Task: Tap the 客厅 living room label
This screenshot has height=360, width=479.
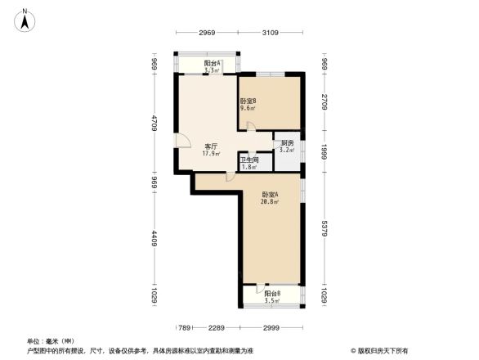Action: point(210,146)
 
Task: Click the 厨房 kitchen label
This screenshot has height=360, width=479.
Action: point(286,143)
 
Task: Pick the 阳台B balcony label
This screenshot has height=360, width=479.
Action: point(272,294)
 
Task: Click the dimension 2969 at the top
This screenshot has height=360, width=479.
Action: point(206,33)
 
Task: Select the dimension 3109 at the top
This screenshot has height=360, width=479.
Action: point(271,33)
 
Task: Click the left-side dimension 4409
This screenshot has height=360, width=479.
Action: point(154,243)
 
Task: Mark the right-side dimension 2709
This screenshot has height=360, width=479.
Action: point(325,102)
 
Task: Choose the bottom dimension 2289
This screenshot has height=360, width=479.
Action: point(216,327)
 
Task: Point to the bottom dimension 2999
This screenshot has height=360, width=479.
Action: point(273,327)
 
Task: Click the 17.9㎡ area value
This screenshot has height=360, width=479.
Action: point(211,153)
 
